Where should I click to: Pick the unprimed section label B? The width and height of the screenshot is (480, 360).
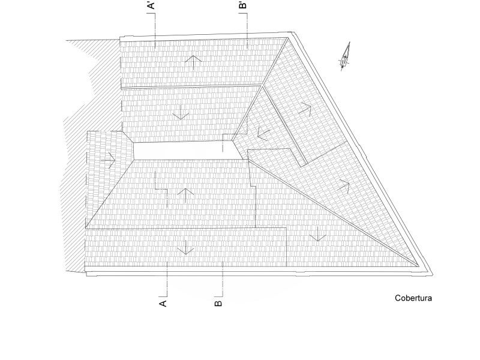(218, 304)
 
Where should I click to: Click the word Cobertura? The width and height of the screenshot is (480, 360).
(413, 298)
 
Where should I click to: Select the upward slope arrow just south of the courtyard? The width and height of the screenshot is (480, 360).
(186, 194)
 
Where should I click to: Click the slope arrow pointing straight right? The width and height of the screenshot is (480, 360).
(109, 160)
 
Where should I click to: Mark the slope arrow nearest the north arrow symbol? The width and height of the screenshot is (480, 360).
(305, 109)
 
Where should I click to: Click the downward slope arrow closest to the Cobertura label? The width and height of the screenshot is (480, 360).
(317, 235)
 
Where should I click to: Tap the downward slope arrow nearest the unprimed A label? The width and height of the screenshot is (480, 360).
(185, 247)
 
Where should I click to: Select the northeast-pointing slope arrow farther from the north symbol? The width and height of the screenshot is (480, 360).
(344, 184)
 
